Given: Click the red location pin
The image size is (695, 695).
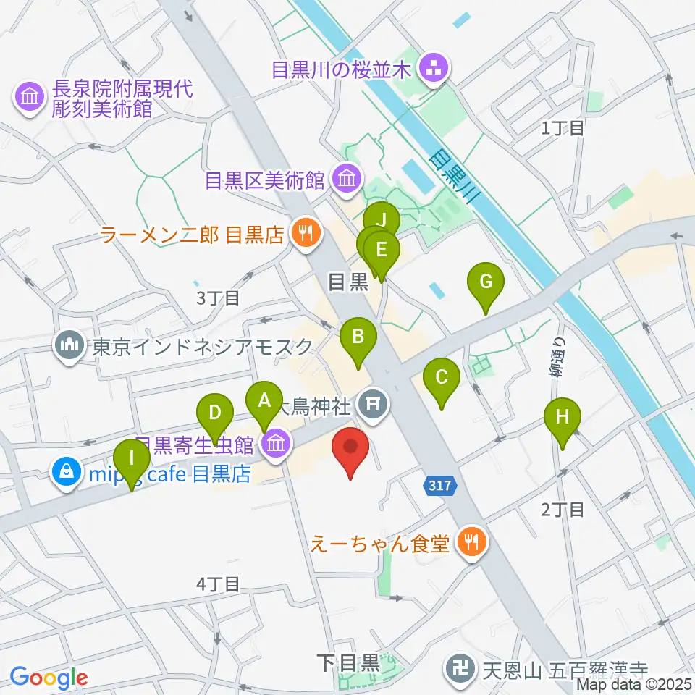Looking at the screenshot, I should click(x=351, y=447).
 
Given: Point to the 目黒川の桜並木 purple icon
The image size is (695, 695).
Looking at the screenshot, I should click(x=436, y=69).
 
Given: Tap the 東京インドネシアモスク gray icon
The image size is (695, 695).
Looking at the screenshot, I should click(x=70, y=346).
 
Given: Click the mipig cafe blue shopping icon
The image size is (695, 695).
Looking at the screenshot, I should click(x=67, y=474).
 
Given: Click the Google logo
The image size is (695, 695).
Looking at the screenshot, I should click(x=49, y=678).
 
